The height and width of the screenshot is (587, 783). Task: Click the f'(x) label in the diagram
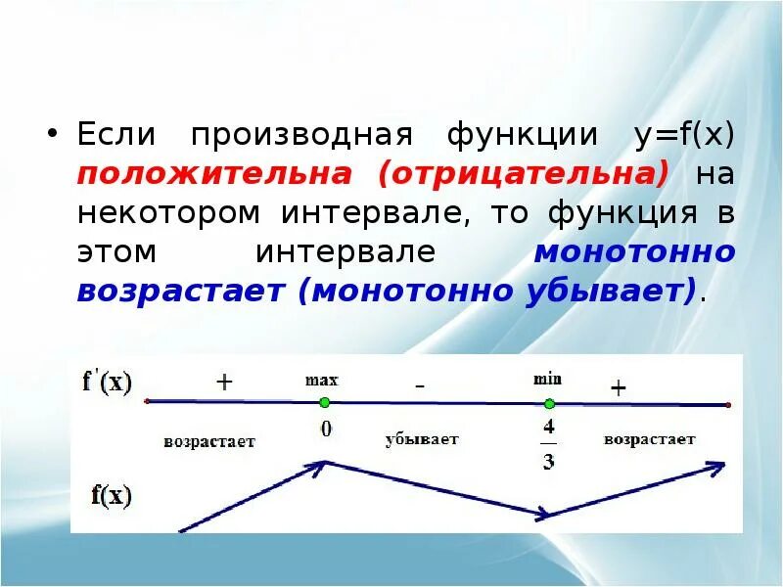point(108,382)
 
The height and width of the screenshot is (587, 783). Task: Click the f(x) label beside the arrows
point(111,496)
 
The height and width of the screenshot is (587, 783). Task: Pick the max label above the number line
point(321,380)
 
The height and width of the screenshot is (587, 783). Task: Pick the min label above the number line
point(548,379)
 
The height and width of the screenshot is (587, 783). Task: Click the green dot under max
point(324,402)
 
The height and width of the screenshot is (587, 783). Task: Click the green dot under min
point(549,403)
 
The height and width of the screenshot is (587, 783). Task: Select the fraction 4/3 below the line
point(548,445)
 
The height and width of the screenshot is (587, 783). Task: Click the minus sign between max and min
point(419,386)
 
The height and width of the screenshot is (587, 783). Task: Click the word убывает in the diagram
point(422,439)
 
